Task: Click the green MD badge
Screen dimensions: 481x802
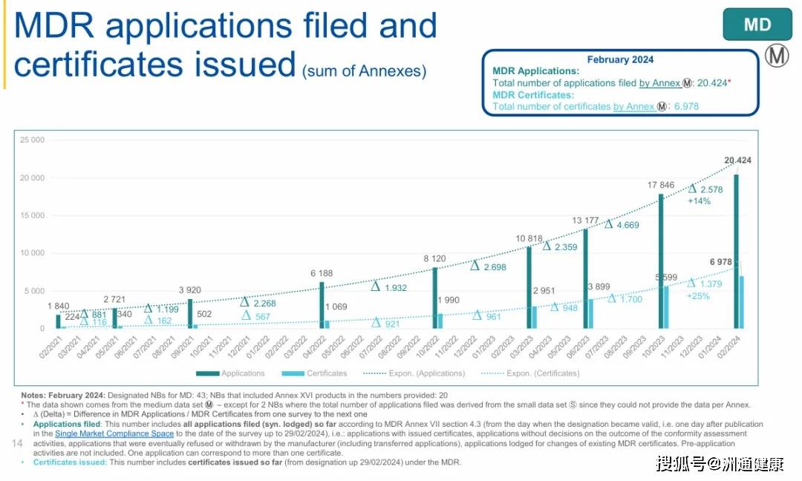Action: pyautogui.click(x=757, y=25)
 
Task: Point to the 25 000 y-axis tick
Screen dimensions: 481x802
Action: pyautogui.click(x=32, y=140)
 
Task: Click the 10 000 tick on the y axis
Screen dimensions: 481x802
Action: pyautogui.click(x=32, y=253)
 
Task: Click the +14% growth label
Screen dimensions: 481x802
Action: pyautogui.click(x=699, y=201)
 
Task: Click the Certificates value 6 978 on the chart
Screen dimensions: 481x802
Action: pyautogui.click(x=726, y=262)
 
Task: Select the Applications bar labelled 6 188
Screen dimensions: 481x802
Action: pyautogui.click(x=322, y=305)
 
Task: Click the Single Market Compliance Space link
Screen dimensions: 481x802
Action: pyautogui.click(x=114, y=433)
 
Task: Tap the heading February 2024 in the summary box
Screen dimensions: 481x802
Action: pyautogui.click(x=620, y=59)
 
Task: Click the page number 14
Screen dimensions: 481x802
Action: pyautogui.click(x=19, y=443)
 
